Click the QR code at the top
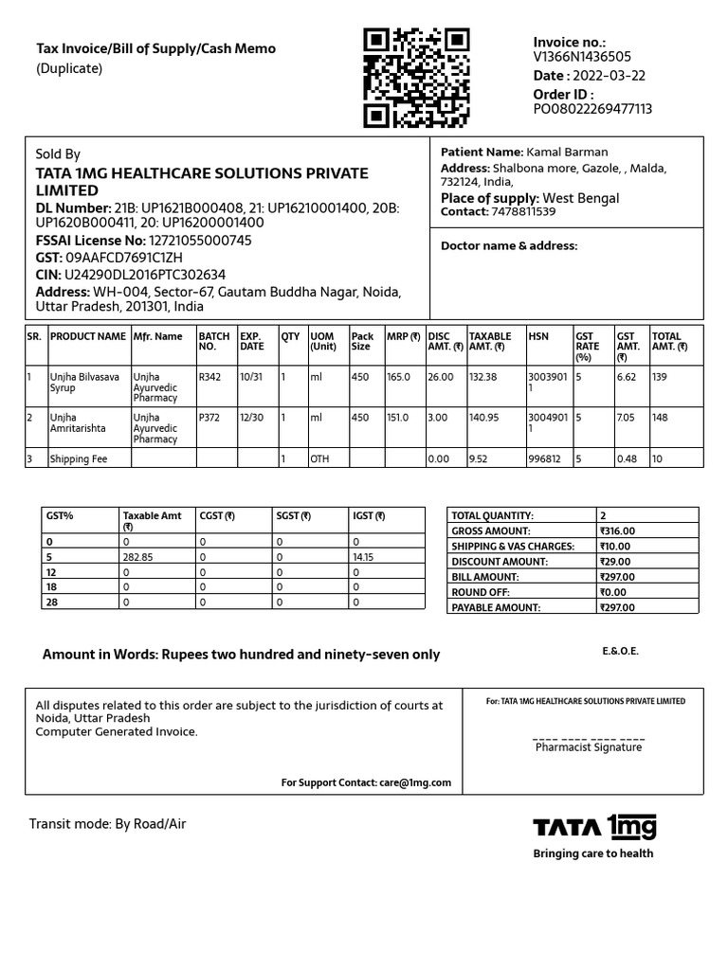coord(417,79)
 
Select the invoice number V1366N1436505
coord(582,57)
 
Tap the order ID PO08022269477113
coord(592,109)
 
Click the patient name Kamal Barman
coord(567,152)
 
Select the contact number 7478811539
coord(523,211)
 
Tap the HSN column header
coord(538,336)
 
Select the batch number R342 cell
coord(209,377)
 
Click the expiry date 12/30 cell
coord(251,417)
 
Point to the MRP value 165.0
coord(398,377)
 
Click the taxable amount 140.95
coord(484,417)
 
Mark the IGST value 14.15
coord(363,557)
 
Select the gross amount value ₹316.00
coord(617,531)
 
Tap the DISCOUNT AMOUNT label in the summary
coord(500,562)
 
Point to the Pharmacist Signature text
coord(588,747)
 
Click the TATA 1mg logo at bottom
coord(594,827)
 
